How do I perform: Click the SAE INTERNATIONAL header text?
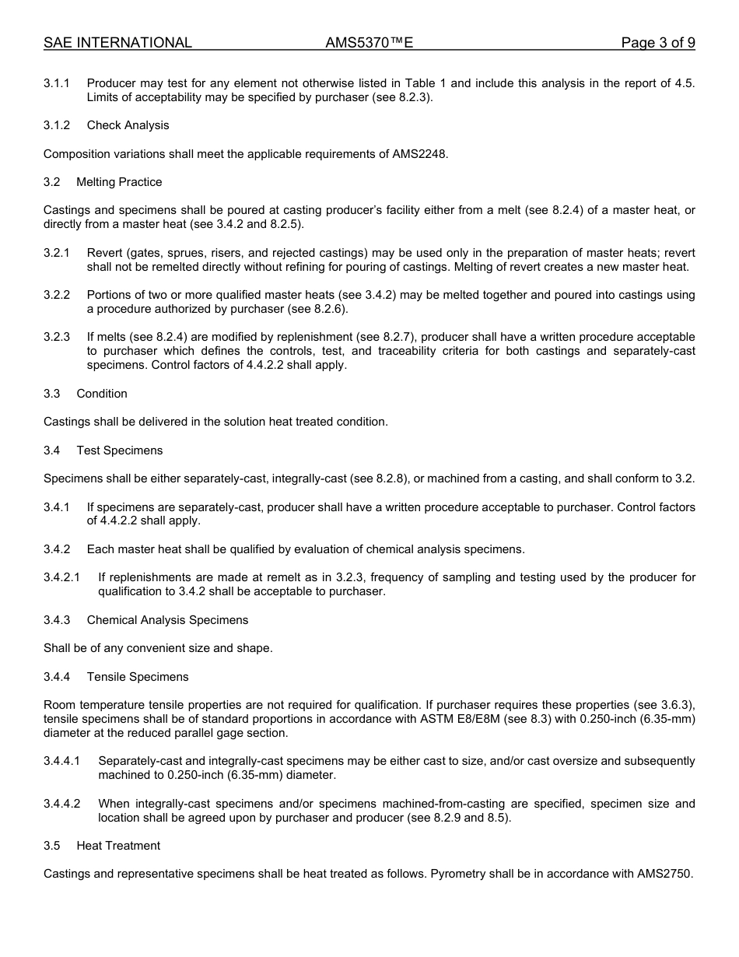pyautogui.click(x=117, y=43)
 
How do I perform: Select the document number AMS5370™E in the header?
pyautogui.click(x=369, y=43)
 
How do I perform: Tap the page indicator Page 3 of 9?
pyautogui.click(x=657, y=43)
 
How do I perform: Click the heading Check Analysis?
pyautogui.click(x=128, y=125)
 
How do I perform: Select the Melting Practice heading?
pyautogui.click(x=119, y=182)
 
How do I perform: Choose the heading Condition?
pyautogui.click(x=102, y=394)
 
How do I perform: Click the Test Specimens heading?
pyautogui.click(x=119, y=450)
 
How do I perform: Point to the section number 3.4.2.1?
pyautogui.click(x=62, y=577)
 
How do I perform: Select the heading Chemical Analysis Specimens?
pyautogui.click(x=167, y=620)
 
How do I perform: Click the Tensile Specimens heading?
pyautogui.click(x=138, y=677)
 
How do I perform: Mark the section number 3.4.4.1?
pyautogui.click(x=62, y=761)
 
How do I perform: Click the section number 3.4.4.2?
pyautogui.click(x=62, y=804)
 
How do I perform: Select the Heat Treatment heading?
pyautogui.click(x=118, y=846)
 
